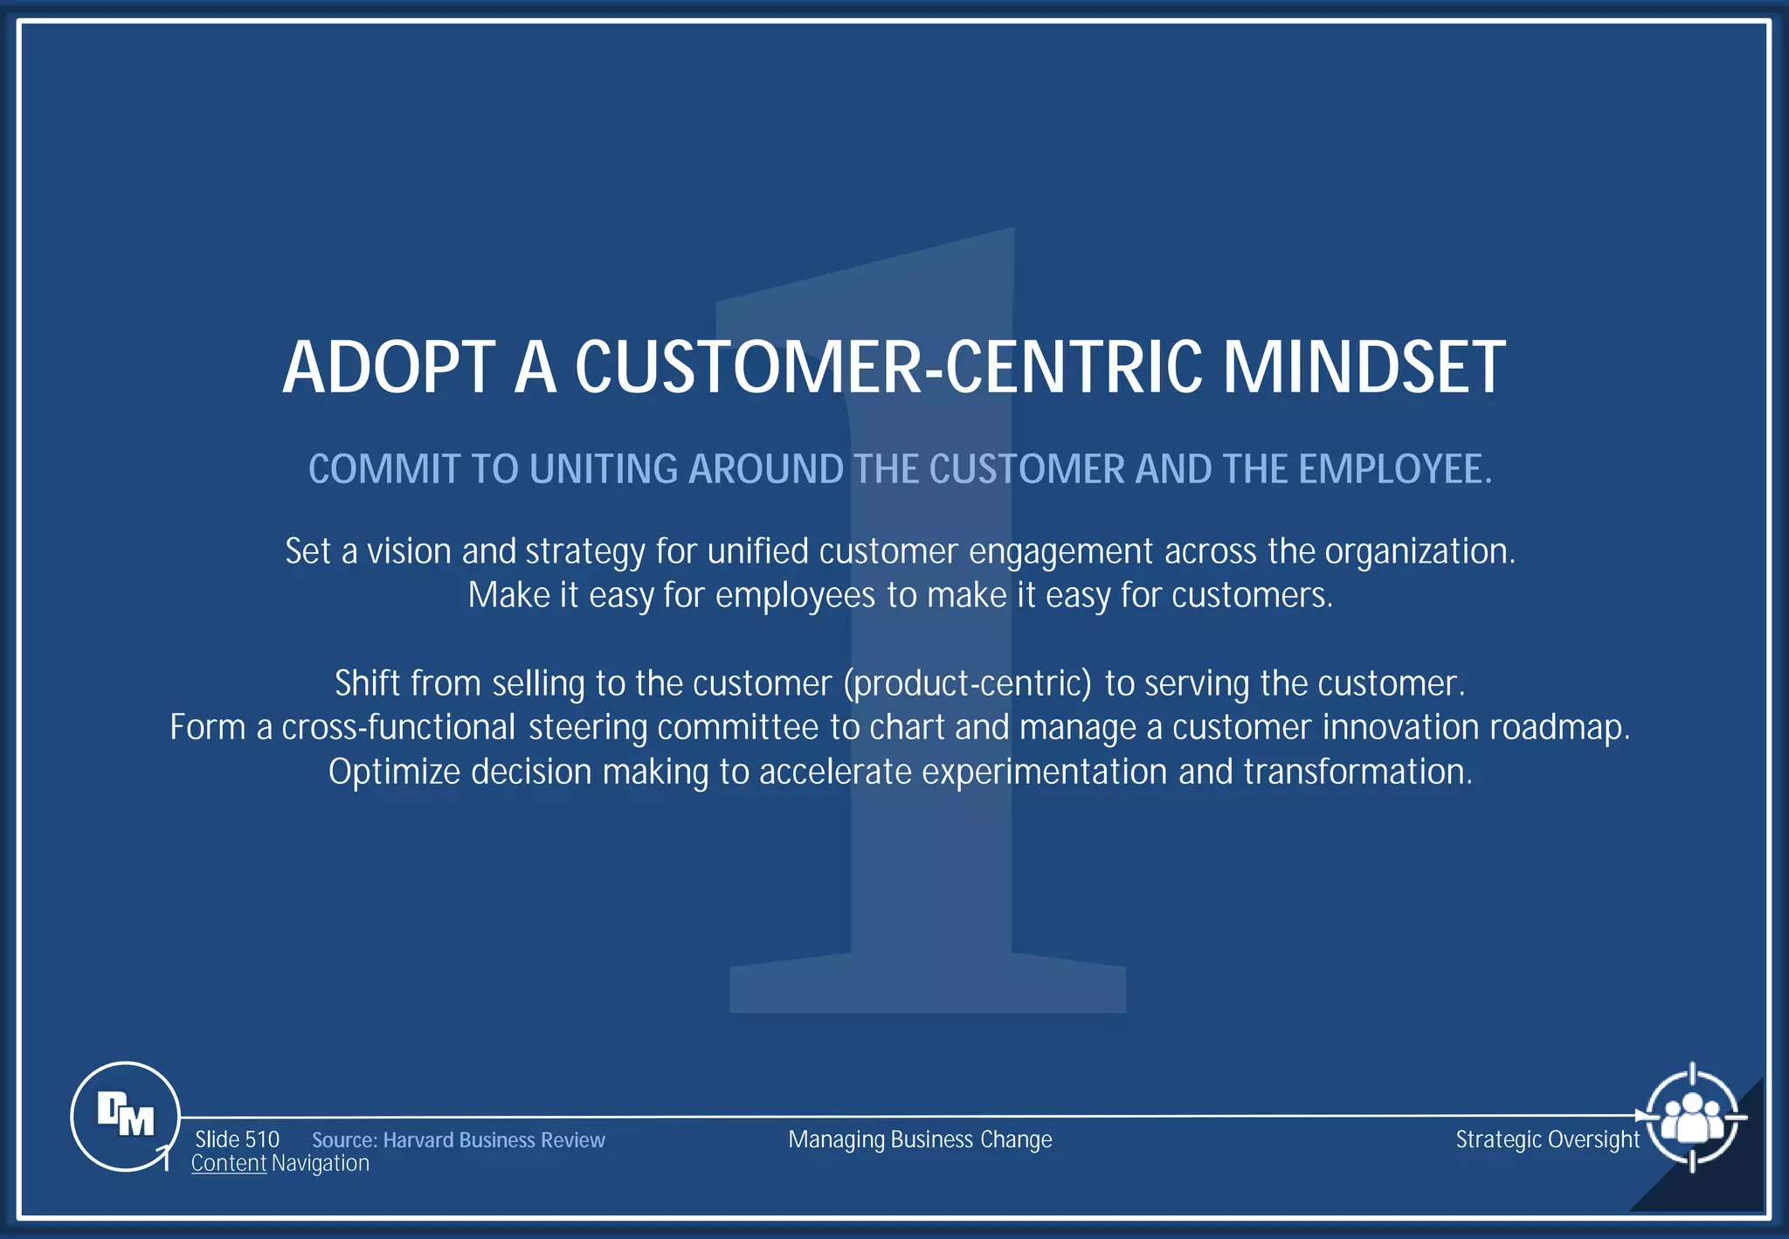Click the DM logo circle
[125, 1116]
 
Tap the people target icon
[1692, 1117]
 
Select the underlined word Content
[228, 1164]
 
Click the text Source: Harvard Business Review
[458, 1140]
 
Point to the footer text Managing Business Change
[920, 1139]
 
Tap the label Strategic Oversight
[1547, 1139]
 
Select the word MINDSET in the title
[1364, 368]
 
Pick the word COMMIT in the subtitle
[383, 469]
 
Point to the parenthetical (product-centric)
[967, 683]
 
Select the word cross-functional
[398, 727]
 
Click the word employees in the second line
[795, 596]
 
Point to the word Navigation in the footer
[321, 1164]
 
